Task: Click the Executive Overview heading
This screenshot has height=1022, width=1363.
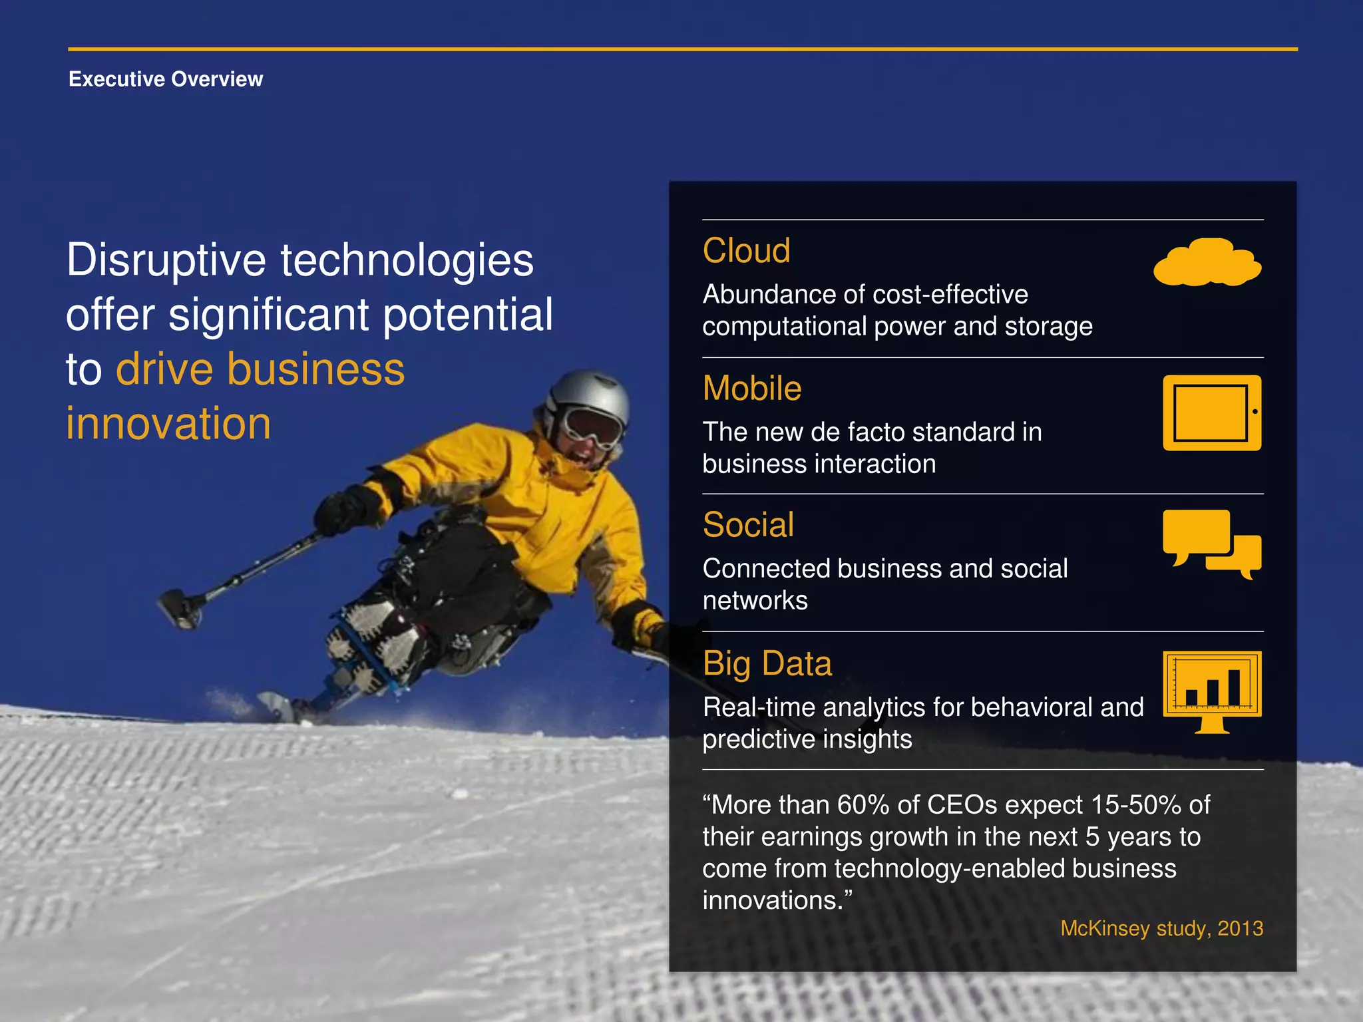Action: (x=166, y=79)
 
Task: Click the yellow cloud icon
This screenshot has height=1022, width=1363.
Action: (x=1207, y=263)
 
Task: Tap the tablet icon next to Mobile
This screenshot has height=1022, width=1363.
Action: (x=1211, y=413)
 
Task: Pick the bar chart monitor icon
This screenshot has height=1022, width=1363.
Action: (x=1211, y=690)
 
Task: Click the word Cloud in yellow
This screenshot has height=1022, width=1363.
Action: (x=746, y=251)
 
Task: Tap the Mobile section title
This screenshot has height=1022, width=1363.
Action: (x=752, y=388)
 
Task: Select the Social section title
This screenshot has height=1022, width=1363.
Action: (x=748, y=525)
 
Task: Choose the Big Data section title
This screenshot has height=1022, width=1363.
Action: (x=767, y=663)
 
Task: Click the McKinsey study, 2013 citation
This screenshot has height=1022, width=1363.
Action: (x=1161, y=928)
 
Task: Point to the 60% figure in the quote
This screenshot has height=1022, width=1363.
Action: (x=863, y=805)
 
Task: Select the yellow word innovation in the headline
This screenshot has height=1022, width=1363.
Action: (x=168, y=424)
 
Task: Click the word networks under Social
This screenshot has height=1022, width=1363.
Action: (x=755, y=601)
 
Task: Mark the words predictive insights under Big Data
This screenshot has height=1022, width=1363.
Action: (x=807, y=739)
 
